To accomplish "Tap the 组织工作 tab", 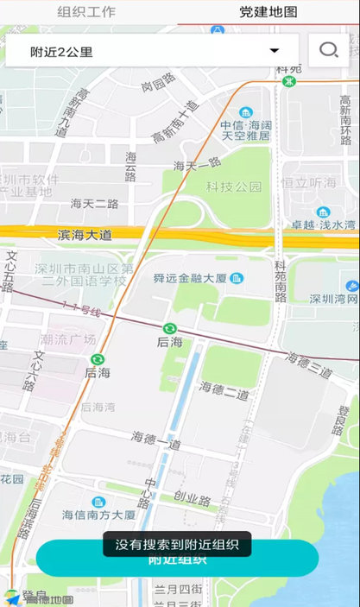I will pos(86,12).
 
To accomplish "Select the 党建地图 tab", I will pos(268,12).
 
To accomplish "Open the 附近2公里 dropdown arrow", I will pos(275,51).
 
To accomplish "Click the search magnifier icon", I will pos(328,51).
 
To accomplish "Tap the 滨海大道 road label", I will pos(85,234).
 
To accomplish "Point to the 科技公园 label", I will pos(234,187).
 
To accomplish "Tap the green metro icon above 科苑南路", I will pos(289,81).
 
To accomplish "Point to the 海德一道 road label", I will pos(156,441).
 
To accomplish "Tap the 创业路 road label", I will pos(192,499).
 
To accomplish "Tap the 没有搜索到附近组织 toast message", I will pos(177,544).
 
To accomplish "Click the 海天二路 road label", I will pos(94,204).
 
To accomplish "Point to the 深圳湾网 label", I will pos(333,299).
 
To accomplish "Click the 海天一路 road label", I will pos(198,164).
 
